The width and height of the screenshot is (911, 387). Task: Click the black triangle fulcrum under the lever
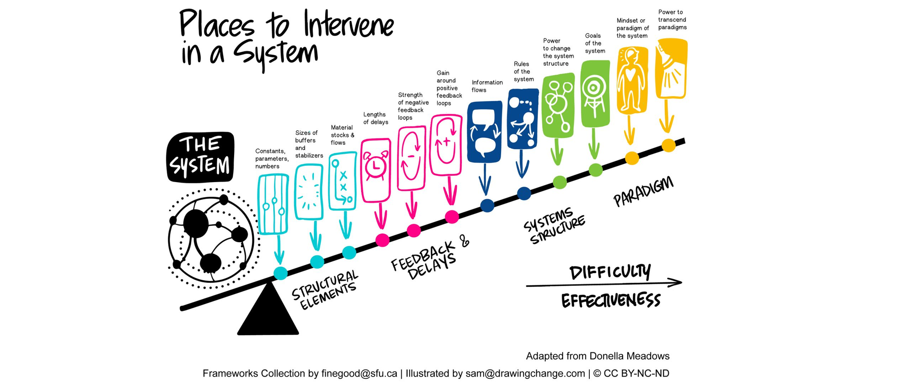pyautogui.click(x=268, y=314)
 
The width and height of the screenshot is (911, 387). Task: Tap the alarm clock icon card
pyautogui.click(x=376, y=170)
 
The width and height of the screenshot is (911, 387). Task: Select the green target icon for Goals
pyautogui.click(x=595, y=93)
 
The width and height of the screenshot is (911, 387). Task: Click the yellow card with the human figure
pyautogui.click(x=632, y=80)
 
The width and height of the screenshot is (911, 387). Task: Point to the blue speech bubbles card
pyautogui.click(x=485, y=132)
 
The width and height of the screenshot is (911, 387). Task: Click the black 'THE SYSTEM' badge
pyautogui.click(x=200, y=157)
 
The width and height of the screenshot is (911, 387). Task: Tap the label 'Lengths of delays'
pyautogui.click(x=375, y=118)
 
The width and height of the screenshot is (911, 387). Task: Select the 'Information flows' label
pyautogui.click(x=487, y=86)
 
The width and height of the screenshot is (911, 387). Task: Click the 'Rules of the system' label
pyautogui.click(x=523, y=71)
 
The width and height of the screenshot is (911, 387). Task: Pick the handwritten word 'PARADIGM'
pyautogui.click(x=643, y=191)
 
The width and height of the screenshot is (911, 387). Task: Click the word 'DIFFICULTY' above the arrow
pyautogui.click(x=610, y=272)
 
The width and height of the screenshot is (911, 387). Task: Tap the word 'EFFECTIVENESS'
pyautogui.click(x=610, y=301)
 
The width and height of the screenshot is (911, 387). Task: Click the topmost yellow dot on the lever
pyautogui.click(x=668, y=145)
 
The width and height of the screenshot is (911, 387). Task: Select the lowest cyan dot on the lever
pyautogui.click(x=281, y=273)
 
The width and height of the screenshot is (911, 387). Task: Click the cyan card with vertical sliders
pyautogui.click(x=273, y=204)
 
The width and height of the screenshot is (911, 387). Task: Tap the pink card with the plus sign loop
pyautogui.click(x=446, y=145)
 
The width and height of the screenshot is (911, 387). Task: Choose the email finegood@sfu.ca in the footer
pyautogui.click(x=359, y=374)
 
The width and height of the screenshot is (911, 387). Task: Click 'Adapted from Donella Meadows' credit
pyautogui.click(x=598, y=356)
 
